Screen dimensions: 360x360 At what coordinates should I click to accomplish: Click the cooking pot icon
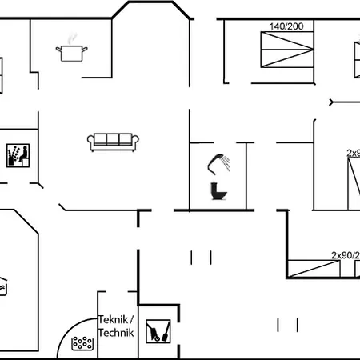[70, 53]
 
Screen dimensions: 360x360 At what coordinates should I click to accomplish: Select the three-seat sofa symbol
[114, 141]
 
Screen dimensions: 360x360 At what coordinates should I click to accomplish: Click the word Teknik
[114, 318]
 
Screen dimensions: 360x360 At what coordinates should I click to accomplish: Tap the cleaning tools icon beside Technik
[156, 330]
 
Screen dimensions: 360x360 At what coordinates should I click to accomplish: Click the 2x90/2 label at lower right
[345, 255]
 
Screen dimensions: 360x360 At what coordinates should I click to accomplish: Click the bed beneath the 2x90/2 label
[320, 269]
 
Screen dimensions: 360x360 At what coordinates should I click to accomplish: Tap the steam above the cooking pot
[73, 38]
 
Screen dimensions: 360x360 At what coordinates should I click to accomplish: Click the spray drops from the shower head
[230, 163]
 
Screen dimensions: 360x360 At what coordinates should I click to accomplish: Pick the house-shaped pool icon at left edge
[4, 286]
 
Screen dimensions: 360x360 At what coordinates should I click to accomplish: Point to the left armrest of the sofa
[90, 142]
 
